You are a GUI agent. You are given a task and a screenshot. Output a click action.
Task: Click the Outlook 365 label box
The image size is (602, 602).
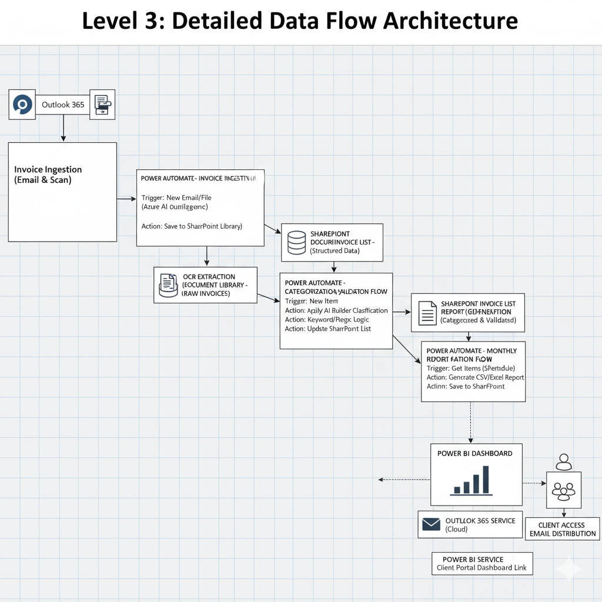[x=63, y=105]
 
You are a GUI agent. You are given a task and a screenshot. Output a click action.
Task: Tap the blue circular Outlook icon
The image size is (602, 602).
[x=22, y=105]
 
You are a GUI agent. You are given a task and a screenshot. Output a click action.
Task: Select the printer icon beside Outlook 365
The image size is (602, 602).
[x=102, y=105]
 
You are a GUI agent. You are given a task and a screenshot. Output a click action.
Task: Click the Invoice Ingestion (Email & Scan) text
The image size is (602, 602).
[x=48, y=175]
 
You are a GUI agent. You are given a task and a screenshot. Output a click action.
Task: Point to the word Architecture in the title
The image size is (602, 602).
[x=450, y=21]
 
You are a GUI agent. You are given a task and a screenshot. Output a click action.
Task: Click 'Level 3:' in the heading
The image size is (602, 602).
[x=121, y=21]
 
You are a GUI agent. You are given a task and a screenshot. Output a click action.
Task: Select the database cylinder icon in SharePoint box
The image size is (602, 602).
[x=296, y=242]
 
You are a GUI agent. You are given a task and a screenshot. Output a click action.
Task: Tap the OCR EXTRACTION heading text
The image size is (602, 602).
[x=209, y=276]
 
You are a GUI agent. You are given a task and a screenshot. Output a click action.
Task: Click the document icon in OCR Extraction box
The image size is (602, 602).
[x=169, y=285]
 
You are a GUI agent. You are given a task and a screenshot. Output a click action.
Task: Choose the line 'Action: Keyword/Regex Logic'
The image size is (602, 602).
[x=327, y=319]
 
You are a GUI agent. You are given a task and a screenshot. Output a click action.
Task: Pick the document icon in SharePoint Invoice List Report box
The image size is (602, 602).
[x=427, y=312]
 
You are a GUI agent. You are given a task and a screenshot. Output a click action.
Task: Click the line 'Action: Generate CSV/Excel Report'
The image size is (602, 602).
[x=475, y=377]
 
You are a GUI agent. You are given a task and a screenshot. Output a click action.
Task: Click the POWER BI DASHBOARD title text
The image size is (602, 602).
[x=474, y=453]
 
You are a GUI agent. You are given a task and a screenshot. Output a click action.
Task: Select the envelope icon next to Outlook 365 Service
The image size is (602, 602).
[x=432, y=524]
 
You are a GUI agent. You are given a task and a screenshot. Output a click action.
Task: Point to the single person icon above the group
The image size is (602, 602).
[x=564, y=461]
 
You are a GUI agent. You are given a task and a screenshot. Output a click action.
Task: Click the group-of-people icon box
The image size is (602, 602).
[x=564, y=490]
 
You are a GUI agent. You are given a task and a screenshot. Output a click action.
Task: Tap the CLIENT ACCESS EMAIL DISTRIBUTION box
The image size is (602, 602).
[x=563, y=529]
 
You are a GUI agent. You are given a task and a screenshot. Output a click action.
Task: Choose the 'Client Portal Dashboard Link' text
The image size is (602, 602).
[x=481, y=568]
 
